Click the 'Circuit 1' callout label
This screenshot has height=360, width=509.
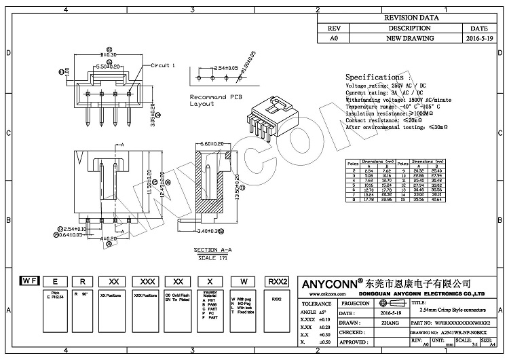tap(163, 65)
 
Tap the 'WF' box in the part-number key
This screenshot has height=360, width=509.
tap(29, 280)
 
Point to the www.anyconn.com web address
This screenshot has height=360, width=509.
tap(339, 294)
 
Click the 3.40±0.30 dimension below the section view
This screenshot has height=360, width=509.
tap(208, 230)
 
